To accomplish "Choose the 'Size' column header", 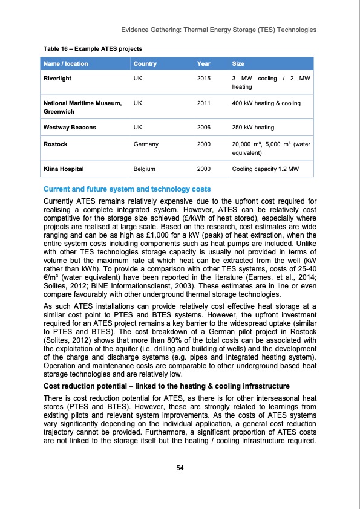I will [238, 63].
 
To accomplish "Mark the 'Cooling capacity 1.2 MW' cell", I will [266, 169].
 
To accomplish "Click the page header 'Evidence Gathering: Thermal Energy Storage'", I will [218, 30].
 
